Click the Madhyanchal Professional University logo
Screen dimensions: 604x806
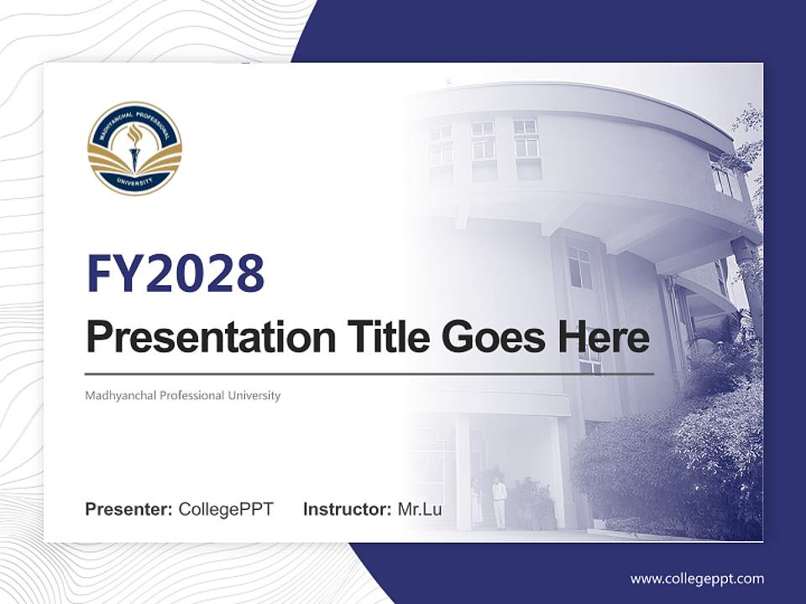coord(134,148)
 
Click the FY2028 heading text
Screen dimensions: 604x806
coord(175,273)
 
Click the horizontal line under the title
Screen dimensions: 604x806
coord(369,373)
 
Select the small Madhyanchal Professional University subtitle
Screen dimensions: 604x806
coord(182,395)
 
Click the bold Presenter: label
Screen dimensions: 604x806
coord(129,509)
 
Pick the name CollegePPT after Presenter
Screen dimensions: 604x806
coord(226,509)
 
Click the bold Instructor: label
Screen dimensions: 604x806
coord(347,509)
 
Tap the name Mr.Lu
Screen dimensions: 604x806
coord(420,509)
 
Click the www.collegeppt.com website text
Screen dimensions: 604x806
coord(697,579)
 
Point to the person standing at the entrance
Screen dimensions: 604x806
coord(499,502)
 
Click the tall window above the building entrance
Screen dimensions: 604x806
coord(579,267)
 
